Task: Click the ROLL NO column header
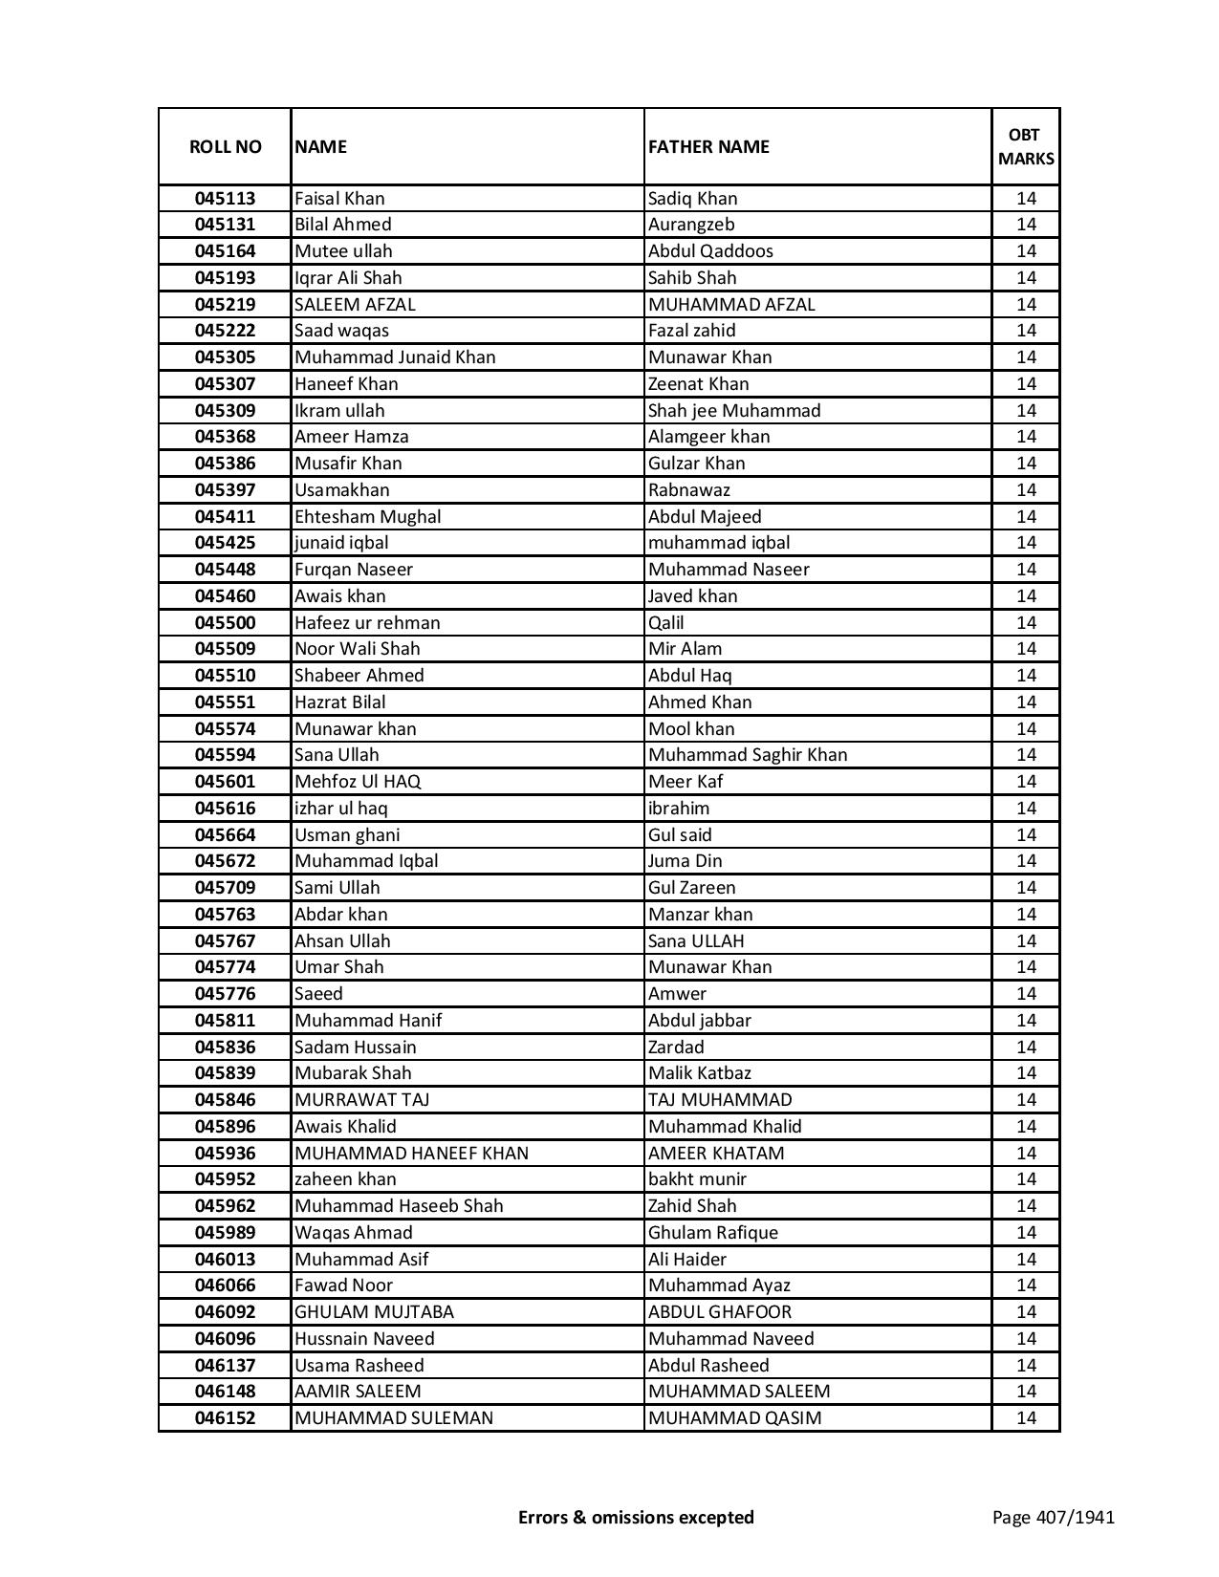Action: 225,146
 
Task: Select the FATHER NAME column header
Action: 708,146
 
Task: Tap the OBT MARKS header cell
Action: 1026,146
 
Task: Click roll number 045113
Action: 225,199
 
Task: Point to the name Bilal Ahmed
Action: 342,225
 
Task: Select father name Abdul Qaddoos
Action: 710,251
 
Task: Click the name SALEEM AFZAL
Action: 355,304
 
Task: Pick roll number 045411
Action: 225,517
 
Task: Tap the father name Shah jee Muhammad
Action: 734,410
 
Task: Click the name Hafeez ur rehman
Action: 367,623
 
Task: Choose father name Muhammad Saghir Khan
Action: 748,755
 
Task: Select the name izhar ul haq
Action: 340,809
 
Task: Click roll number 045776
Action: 225,994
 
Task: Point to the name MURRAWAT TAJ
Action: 361,1100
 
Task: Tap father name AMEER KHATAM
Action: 716,1154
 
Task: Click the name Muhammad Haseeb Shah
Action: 399,1206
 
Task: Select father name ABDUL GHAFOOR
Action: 720,1312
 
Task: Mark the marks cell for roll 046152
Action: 1026,1418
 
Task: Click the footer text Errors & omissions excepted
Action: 636,1517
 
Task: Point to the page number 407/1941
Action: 1053,1517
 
